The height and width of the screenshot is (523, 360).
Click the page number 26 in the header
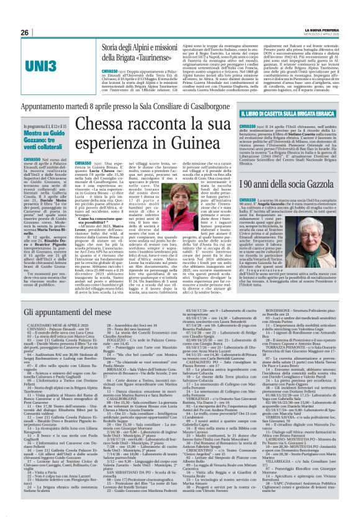click(24, 32)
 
